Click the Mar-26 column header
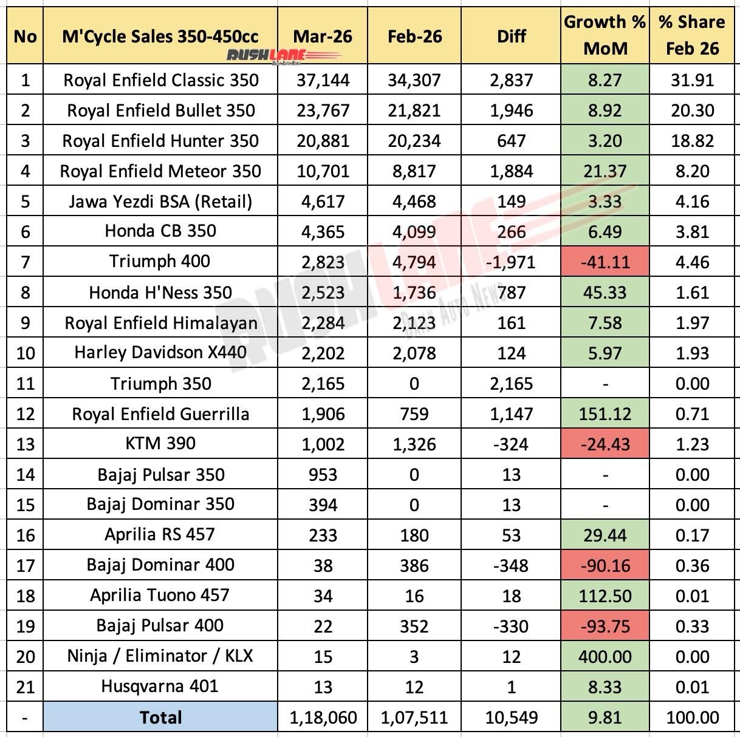point(323,36)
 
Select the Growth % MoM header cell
point(605,35)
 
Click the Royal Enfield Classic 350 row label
point(161,80)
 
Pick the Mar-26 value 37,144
point(323,80)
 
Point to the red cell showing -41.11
point(605,262)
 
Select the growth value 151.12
point(605,414)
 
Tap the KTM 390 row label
point(161,444)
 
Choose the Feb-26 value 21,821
point(414,110)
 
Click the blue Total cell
point(161,718)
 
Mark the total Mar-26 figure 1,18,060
point(323,718)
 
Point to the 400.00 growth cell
point(605,657)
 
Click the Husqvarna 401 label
point(161,687)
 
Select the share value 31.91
point(692,80)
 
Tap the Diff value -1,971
point(512,262)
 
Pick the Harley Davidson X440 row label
point(161,353)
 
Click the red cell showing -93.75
point(605,627)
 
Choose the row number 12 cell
point(25,414)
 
